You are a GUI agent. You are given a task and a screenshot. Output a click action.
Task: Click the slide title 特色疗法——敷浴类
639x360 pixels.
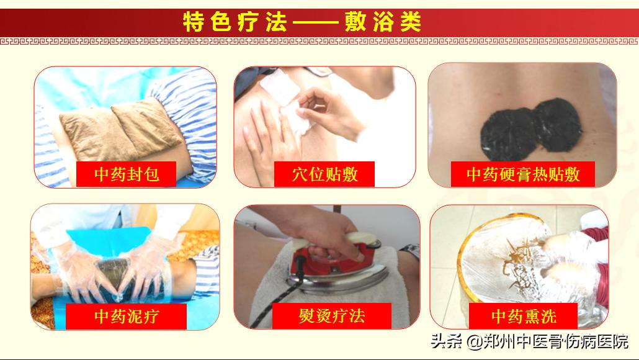point(302,22)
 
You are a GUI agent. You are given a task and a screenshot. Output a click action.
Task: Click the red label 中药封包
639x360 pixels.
point(126,174)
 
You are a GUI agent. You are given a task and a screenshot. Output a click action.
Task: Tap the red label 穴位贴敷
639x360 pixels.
point(324,174)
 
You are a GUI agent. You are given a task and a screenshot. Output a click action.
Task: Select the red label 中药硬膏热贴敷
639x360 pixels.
point(523,174)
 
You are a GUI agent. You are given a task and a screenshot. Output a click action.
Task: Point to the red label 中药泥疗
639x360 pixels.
point(126,317)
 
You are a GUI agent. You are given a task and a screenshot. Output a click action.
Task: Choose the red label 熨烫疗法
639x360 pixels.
point(331,316)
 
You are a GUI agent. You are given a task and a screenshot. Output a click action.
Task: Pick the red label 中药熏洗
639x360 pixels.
point(523,317)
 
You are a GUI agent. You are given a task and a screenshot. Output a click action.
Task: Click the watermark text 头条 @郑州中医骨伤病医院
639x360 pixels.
point(529,341)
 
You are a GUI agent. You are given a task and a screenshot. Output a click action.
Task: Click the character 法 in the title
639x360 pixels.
point(277,22)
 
